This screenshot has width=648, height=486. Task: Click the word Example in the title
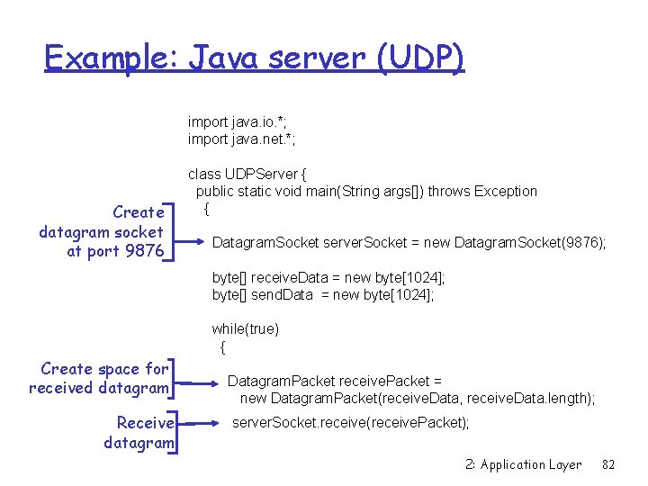[x=112, y=58]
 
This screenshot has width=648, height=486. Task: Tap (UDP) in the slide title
[x=420, y=58]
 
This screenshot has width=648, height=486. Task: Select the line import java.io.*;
[x=240, y=121]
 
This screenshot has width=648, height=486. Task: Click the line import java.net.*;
[x=242, y=139]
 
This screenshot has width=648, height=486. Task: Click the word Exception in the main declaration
[x=506, y=191]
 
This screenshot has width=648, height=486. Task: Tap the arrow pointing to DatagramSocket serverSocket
[x=191, y=240]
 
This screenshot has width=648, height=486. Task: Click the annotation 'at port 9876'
[x=115, y=251]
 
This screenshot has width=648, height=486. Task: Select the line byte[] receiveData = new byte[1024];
[x=328, y=278]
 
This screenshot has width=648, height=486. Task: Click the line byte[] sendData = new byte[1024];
[x=323, y=295]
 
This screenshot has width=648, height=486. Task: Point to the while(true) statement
[x=246, y=329]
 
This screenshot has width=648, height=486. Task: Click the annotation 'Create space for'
[x=104, y=369]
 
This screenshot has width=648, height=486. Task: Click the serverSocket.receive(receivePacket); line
[x=351, y=422]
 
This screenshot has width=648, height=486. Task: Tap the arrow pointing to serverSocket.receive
[x=205, y=421]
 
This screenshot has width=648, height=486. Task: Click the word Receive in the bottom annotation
[x=146, y=423]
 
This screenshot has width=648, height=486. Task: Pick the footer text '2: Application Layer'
[x=524, y=464]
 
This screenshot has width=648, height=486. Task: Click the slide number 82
[x=608, y=464]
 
